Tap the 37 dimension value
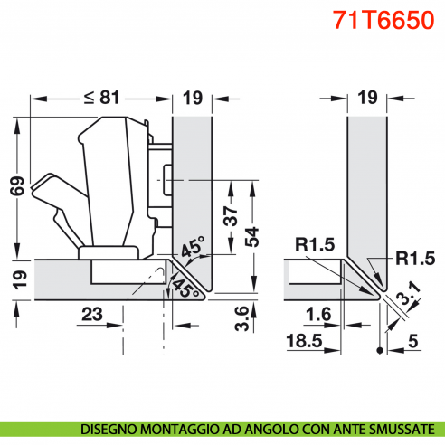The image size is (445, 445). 232,216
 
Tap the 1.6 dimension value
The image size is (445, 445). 315,314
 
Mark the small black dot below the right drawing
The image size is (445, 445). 380,351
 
